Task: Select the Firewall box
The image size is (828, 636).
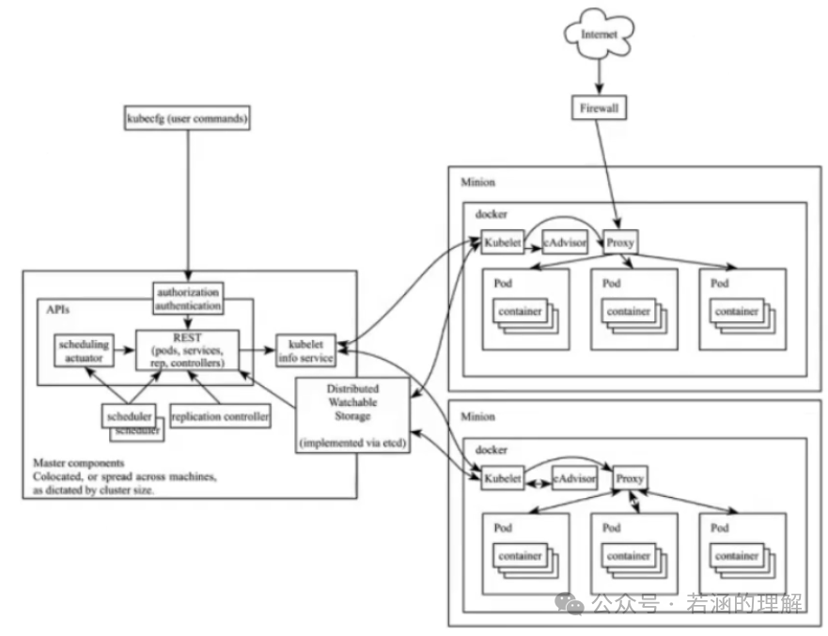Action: point(599,109)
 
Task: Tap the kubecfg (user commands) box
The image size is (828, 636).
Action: point(186,119)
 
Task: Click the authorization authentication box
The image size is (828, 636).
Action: point(189,299)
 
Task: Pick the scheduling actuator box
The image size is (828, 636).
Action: point(83,350)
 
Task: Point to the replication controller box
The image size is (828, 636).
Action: point(221,414)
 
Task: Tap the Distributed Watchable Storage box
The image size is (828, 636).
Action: point(352,415)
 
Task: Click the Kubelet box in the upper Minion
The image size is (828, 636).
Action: point(502,242)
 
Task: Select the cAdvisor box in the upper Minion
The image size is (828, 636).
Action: point(566,242)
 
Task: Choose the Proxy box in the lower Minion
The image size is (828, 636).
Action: point(630,478)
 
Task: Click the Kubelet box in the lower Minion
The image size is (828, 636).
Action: point(502,478)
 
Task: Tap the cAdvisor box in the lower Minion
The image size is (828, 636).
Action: point(574,478)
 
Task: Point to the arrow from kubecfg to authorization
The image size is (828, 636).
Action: point(188,207)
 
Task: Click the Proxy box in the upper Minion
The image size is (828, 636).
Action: point(620,242)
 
